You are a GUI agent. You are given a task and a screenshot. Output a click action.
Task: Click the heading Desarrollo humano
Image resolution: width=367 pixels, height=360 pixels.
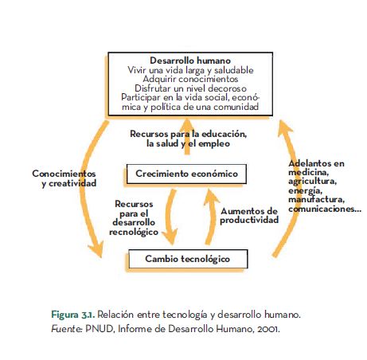[x=190, y=61]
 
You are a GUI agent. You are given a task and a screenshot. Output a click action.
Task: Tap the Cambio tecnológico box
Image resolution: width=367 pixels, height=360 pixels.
[x=187, y=259]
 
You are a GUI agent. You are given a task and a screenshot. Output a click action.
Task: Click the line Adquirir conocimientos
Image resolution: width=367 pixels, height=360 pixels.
[x=190, y=79]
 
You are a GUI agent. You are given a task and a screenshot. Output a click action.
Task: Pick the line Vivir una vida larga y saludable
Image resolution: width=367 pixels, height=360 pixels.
[x=190, y=70]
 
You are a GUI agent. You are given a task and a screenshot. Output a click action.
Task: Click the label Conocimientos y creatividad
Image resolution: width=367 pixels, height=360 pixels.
[x=64, y=178]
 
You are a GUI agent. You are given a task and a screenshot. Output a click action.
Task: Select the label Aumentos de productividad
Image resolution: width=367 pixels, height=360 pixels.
[x=249, y=215]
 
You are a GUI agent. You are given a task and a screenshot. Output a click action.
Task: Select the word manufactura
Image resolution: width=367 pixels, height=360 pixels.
[x=317, y=199]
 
